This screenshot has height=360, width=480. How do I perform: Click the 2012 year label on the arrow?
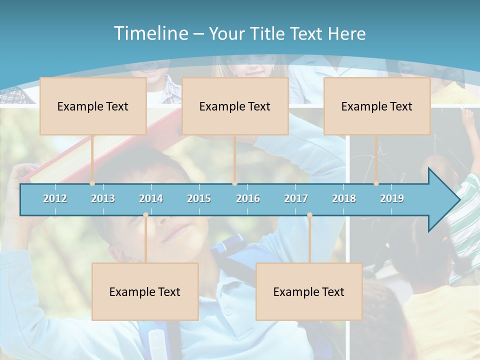(x=55, y=198)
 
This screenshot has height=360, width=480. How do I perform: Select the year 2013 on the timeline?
(x=103, y=198)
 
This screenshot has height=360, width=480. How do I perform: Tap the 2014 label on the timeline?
(x=151, y=198)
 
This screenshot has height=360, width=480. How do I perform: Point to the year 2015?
(x=199, y=198)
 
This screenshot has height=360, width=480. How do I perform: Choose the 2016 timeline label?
(x=248, y=198)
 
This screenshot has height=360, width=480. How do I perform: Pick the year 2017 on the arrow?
(x=296, y=198)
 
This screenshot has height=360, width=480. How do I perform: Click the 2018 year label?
(x=344, y=198)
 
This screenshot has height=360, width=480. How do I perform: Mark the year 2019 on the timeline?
(x=392, y=198)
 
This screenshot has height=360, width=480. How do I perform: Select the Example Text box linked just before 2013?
(x=93, y=106)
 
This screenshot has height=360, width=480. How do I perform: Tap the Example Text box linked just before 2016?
(x=235, y=106)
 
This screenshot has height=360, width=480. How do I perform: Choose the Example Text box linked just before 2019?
(x=377, y=106)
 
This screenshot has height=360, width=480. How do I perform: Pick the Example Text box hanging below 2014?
(x=145, y=292)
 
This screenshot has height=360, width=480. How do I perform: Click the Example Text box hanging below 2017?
(x=309, y=292)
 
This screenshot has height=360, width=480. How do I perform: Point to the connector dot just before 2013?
(x=92, y=183)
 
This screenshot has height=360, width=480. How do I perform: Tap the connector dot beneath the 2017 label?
(x=309, y=215)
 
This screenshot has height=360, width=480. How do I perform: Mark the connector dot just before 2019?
(x=376, y=183)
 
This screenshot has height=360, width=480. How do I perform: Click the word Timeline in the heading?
(x=150, y=33)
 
